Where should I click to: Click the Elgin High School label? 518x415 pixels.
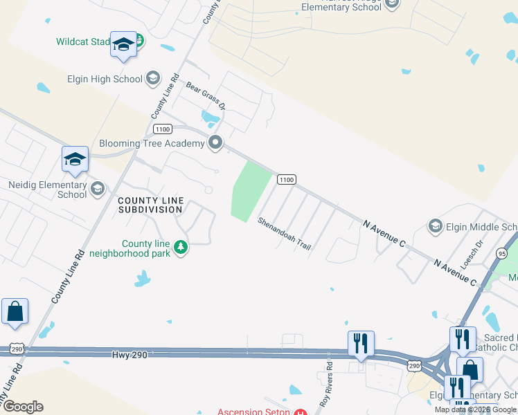(x=105, y=79)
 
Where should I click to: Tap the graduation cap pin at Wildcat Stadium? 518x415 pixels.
(x=123, y=46)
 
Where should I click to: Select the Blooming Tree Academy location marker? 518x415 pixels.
(x=215, y=143)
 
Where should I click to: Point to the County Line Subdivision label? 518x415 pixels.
(x=151, y=205)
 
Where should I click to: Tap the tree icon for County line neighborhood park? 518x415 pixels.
(x=181, y=247)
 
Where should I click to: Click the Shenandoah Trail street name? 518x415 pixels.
(x=284, y=234)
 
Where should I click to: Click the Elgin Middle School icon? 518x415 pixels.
(x=436, y=226)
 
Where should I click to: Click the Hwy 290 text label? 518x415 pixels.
(x=129, y=355)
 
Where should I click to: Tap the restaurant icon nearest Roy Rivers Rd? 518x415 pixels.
(x=361, y=344)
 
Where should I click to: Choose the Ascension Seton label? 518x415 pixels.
(x=254, y=412)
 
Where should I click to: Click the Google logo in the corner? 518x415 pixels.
(x=23, y=407)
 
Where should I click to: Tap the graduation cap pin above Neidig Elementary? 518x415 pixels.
(x=75, y=160)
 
